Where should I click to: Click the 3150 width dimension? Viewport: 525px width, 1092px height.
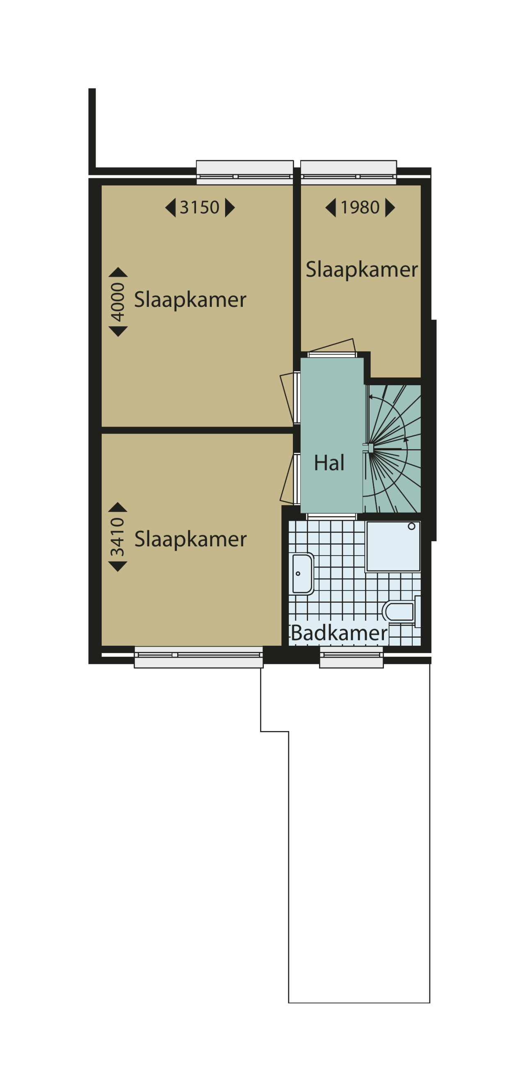199,207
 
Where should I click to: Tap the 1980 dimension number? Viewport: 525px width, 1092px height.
360,207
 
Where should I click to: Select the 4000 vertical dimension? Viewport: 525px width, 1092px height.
118,302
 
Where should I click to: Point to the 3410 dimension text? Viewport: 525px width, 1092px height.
118,537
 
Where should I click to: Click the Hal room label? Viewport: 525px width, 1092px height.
329,463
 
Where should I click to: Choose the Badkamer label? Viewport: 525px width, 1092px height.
339,633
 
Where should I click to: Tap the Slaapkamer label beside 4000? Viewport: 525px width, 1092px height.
190,300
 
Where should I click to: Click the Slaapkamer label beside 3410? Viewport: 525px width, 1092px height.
190,540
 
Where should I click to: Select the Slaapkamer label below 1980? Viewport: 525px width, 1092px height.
362,270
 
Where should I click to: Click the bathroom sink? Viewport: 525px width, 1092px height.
302,574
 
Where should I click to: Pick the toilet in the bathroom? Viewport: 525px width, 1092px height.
401,611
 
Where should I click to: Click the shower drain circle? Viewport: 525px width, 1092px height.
411,527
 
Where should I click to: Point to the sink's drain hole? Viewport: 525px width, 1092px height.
298,574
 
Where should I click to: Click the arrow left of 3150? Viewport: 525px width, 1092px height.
170,208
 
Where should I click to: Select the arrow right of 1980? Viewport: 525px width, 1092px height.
390,208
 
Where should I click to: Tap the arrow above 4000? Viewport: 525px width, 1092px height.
118,272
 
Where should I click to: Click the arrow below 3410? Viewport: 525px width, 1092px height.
118,566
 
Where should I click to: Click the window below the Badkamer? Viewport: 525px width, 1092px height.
352,657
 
